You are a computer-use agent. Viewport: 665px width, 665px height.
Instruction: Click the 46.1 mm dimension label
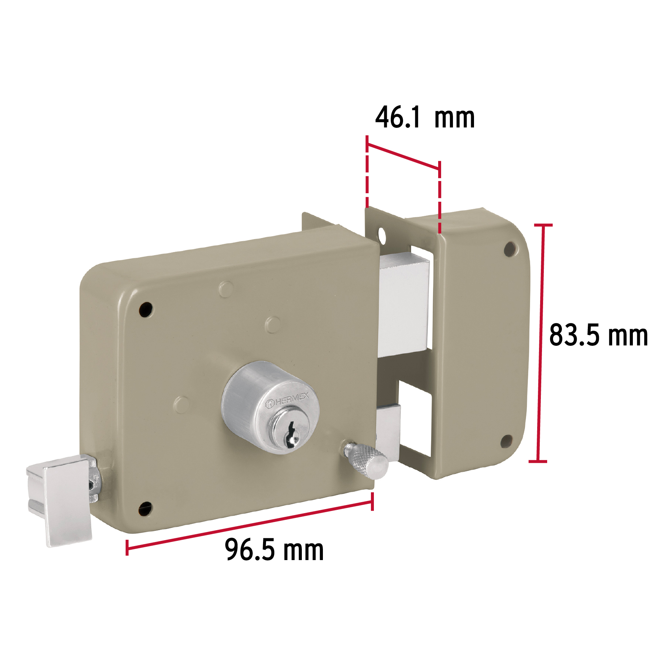pos(425,118)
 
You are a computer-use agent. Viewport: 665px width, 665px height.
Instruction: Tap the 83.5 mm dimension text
pos(598,335)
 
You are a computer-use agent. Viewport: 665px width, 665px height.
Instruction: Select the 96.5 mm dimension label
pos(274,550)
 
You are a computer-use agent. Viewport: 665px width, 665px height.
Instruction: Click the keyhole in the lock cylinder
pos(292,436)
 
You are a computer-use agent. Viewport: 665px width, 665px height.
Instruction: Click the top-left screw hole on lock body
pos(146,309)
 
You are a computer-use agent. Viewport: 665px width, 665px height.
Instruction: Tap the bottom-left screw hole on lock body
pos(145,509)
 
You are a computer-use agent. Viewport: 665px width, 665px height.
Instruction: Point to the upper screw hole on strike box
pos(511,249)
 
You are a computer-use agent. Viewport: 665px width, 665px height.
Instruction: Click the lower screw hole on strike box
pos(506,441)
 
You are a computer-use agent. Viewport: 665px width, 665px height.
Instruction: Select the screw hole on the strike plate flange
pos(382,235)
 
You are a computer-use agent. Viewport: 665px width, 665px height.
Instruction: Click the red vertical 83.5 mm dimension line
pos(540,343)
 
